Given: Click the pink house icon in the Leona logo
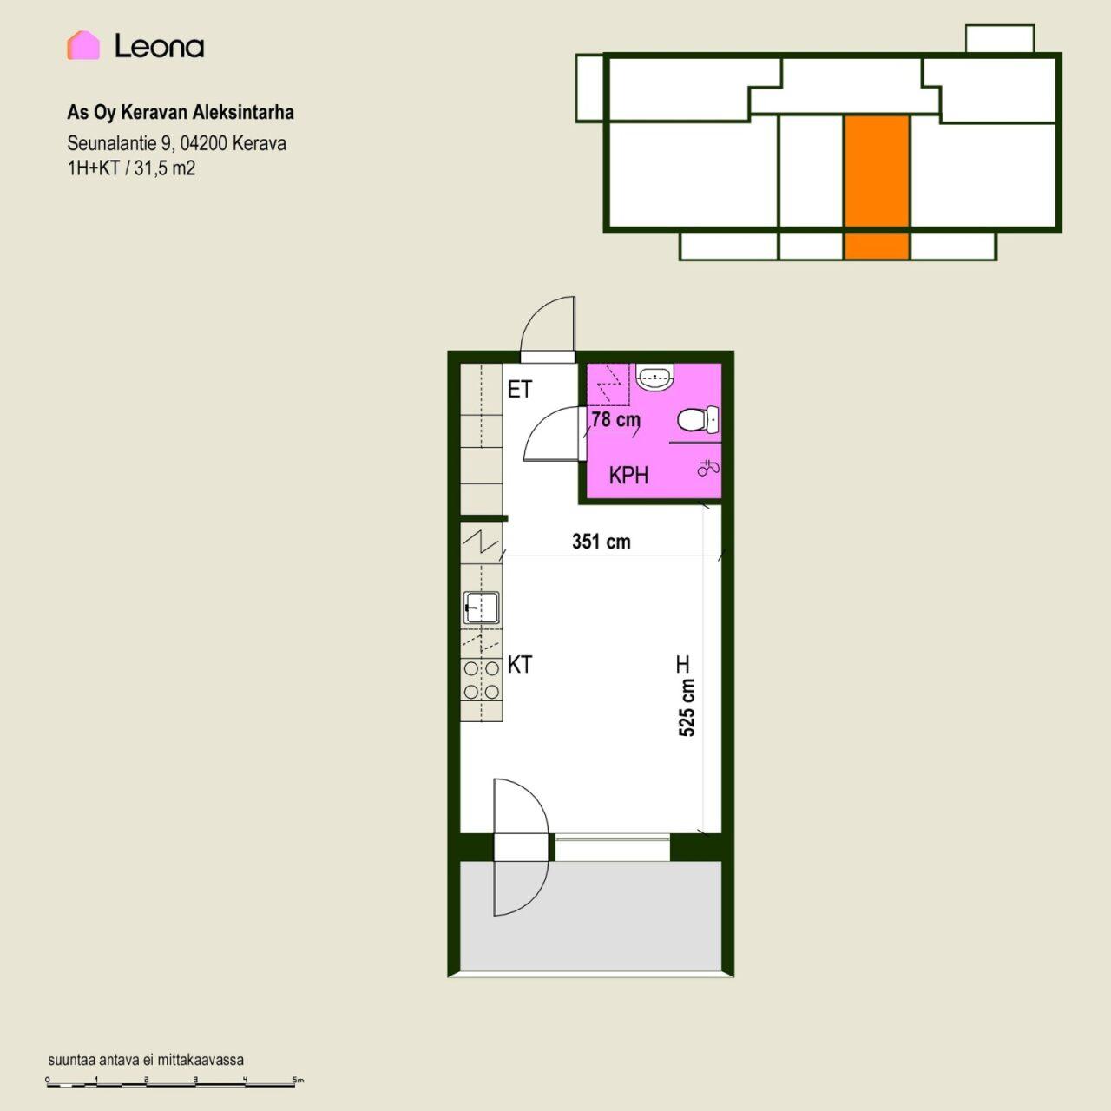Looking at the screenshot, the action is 83,45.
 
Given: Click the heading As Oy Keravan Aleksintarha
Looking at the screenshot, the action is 181,113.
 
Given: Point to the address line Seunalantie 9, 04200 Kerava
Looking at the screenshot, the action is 176,143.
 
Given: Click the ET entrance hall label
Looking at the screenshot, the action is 519,390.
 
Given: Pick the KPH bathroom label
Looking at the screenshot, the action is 628,476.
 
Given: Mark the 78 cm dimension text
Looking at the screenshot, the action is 615,419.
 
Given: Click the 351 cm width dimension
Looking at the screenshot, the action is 602,542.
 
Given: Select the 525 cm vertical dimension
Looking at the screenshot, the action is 687,707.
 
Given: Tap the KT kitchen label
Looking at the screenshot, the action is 519,665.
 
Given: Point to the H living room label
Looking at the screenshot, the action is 682,664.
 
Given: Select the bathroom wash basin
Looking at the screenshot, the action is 655,377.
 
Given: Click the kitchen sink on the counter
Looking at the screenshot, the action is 482,608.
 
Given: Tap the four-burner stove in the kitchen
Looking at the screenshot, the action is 482,680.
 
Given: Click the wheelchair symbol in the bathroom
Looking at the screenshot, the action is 708,468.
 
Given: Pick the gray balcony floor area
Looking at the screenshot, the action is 591,916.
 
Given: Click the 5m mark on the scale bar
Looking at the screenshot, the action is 298,1080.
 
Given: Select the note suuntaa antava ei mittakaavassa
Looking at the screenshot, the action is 146,1060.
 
